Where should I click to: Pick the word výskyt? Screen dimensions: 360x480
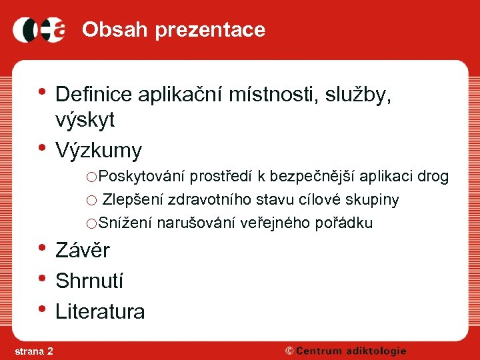pyautogui.click(x=85, y=120)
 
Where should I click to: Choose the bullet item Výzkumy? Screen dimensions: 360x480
pyautogui.click(x=99, y=151)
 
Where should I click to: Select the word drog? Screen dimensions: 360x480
pyautogui.click(x=433, y=177)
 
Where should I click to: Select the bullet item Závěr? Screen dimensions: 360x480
pyautogui.click(x=83, y=251)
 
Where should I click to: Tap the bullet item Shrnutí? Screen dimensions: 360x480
pyautogui.click(x=89, y=281)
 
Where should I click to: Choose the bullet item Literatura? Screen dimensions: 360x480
pyautogui.click(x=100, y=311)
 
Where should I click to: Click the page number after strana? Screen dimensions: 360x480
pyautogui.click(x=51, y=351)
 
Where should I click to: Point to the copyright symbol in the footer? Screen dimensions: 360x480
pyautogui.click(x=289, y=351)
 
